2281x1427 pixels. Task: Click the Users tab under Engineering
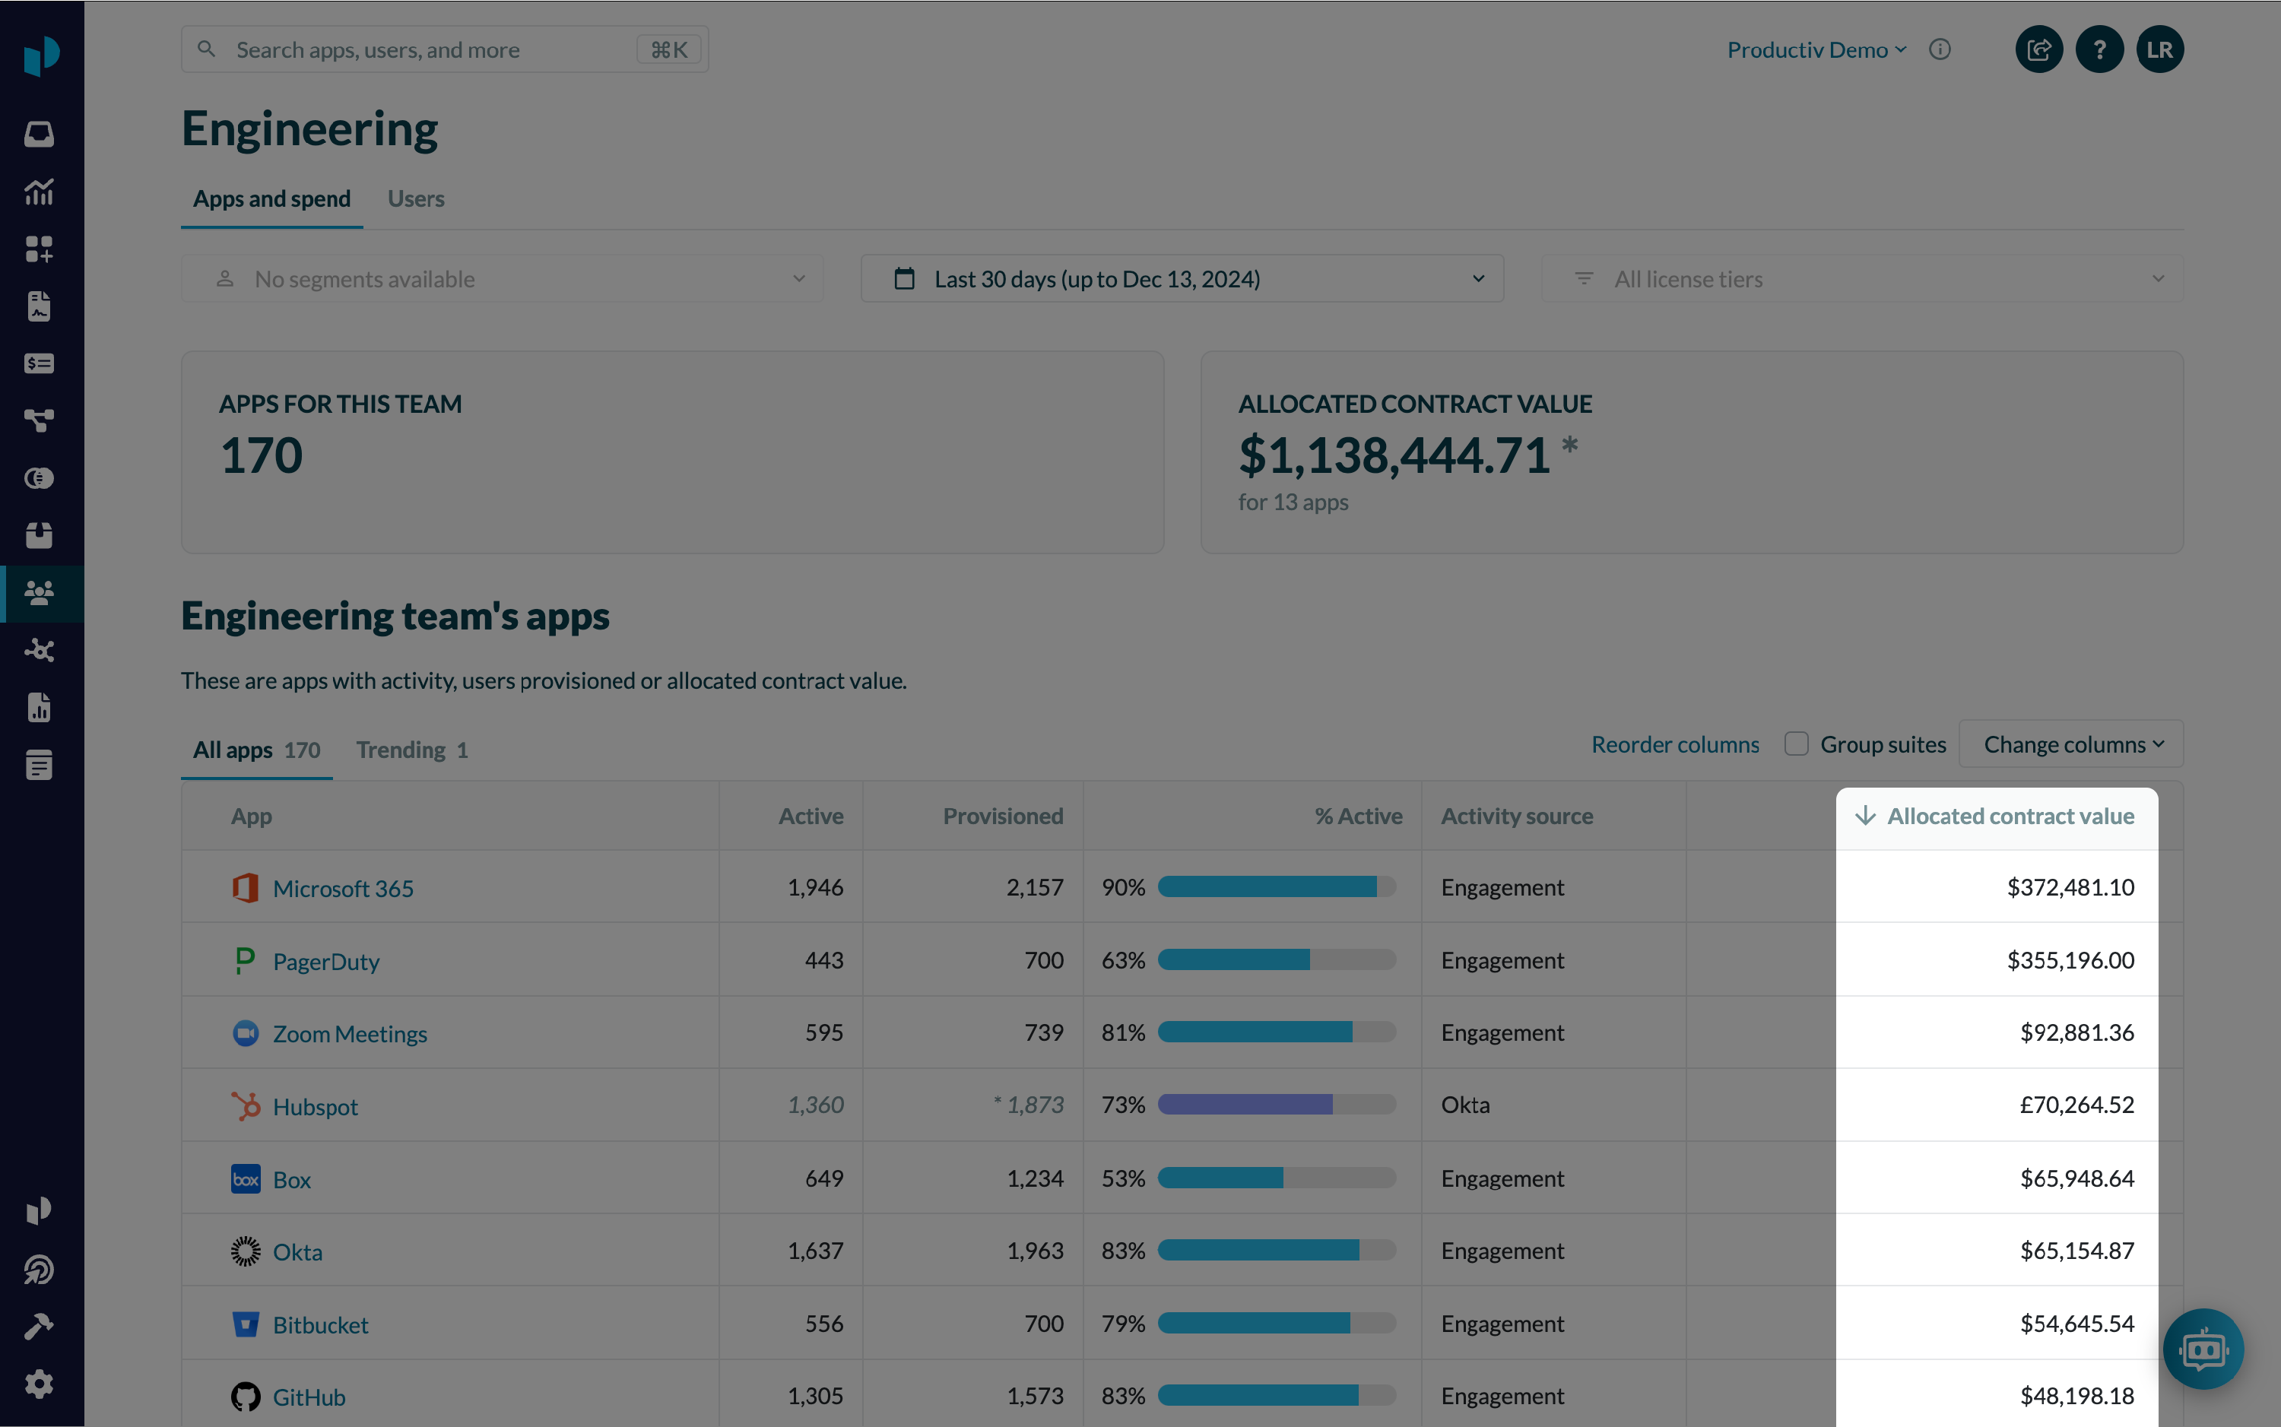click(x=415, y=199)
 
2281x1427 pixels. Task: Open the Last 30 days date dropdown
click(x=1182, y=279)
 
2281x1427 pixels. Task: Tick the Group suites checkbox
click(x=1796, y=744)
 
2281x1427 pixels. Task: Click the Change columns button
click(x=2071, y=744)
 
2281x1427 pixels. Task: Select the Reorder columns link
click(x=1675, y=744)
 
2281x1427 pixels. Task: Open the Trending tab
click(x=411, y=750)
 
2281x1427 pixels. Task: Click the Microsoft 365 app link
click(x=343, y=888)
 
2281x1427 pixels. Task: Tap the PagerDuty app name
click(x=325, y=962)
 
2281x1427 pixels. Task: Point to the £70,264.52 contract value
click(x=2076, y=1105)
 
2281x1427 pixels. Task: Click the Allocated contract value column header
click(x=2010, y=817)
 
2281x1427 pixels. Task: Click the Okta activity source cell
click(x=1466, y=1105)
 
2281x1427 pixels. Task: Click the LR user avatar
click(x=2159, y=50)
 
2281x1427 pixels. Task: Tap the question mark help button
click(x=2099, y=50)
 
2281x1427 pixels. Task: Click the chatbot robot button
click(x=2203, y=1349)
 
